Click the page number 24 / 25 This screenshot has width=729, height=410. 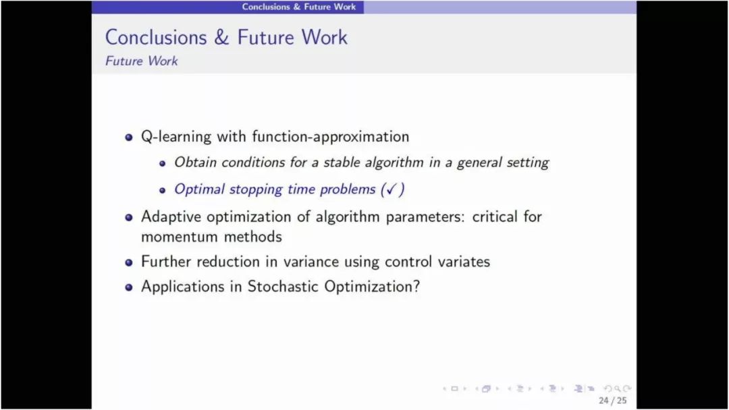coord(612,401)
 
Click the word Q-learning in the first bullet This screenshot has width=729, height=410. coord(175,136)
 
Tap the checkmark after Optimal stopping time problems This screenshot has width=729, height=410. coord(391,189)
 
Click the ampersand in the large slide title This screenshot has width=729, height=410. coord(222,37)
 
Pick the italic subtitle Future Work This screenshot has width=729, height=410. coord(141,61)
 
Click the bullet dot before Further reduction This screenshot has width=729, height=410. coord(129,262)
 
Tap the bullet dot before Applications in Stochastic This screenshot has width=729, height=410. coord(129,287)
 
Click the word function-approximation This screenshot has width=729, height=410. coord(331,136)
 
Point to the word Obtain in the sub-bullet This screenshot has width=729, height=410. coord(195,162)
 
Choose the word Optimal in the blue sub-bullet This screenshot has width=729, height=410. coord(199,189)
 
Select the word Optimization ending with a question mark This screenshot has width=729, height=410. coord(372,286)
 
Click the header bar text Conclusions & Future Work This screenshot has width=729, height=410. coord(298,7)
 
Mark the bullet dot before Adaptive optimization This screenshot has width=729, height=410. coord(129,217)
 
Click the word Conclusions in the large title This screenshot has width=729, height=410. coord(156,37)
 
